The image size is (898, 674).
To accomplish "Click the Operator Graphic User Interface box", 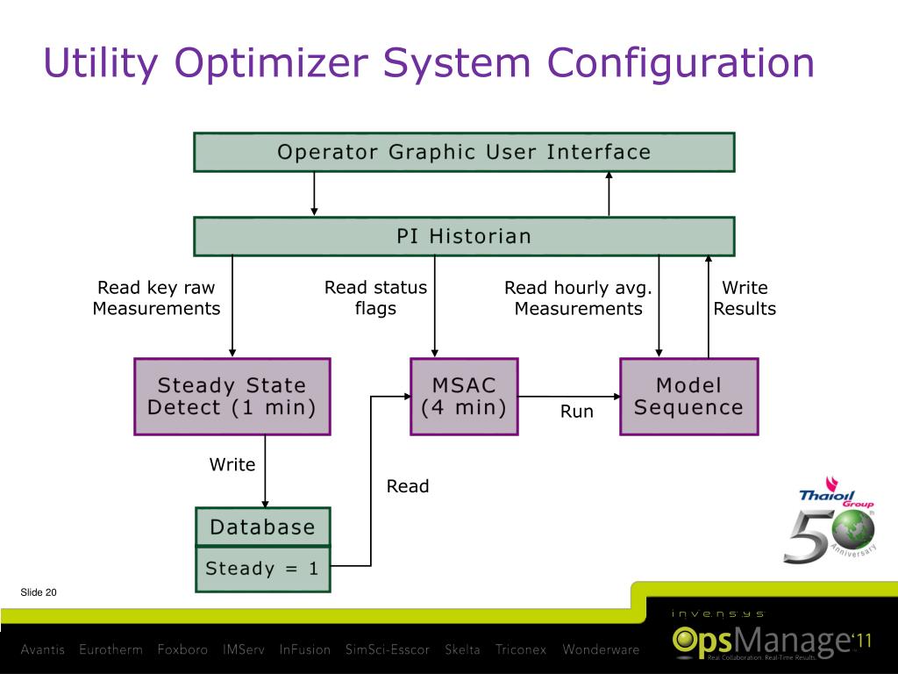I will coord(464,152).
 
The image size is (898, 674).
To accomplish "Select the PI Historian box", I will coord(464,236).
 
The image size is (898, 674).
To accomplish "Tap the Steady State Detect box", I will coord(232,396).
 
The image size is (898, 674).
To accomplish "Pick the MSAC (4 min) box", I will coord(464,396).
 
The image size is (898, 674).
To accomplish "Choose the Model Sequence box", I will coord(688,396).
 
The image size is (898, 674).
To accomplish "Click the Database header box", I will coord(262,527).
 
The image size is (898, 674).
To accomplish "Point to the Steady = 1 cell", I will coord(262,568).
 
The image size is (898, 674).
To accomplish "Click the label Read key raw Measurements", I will coord(156,298).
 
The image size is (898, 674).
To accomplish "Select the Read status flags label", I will coord(375,298).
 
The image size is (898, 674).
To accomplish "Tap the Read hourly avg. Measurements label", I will coord(578,298).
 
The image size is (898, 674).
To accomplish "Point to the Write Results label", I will coord(745,298).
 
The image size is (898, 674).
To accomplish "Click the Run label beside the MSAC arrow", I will coord(577,412).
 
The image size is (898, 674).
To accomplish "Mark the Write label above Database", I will coord(232,464).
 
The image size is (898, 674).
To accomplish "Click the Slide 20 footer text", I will coord(39,593).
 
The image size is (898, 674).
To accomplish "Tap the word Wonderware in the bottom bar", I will coord(601,650).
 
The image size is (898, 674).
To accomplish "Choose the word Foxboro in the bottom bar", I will coord(182,650).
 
